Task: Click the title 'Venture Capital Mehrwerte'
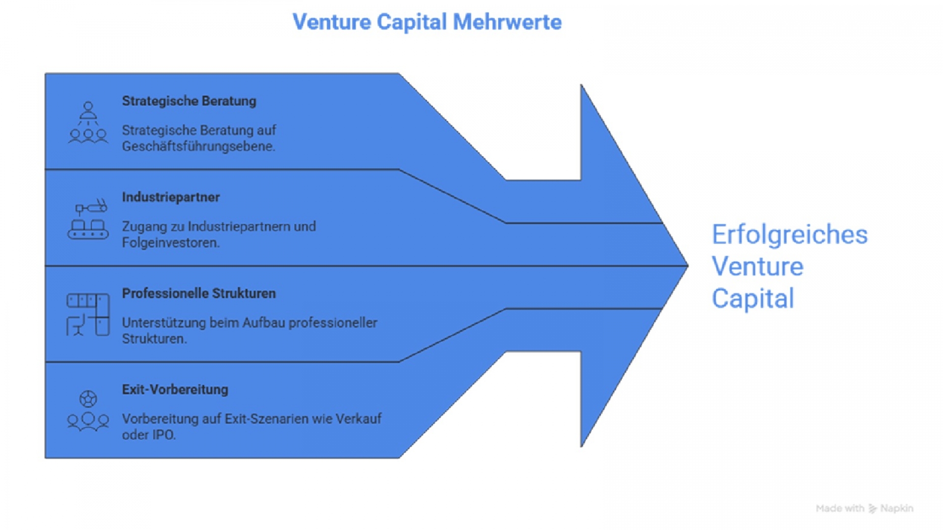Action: tap(427, 22)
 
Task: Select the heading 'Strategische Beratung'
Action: tap(189, 101)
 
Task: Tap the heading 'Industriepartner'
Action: tap(171, 197)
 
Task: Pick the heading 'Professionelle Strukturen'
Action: tap(199, 293)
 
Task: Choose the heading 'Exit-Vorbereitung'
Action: tap(175, 390)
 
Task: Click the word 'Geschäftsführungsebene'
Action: tap(198, 146)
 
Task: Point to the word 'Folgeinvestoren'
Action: tap(170, 242)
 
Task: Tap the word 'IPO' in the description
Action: tap(163, 435)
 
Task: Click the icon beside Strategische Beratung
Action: tap(88, 122)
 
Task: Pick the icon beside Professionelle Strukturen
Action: tap(88, 315)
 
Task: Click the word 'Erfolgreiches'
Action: tap(789, 235)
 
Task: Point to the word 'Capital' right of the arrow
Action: tap(752, 298)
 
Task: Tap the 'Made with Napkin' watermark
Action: tap(864, 508)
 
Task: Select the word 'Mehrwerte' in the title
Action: tap(507, 22)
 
